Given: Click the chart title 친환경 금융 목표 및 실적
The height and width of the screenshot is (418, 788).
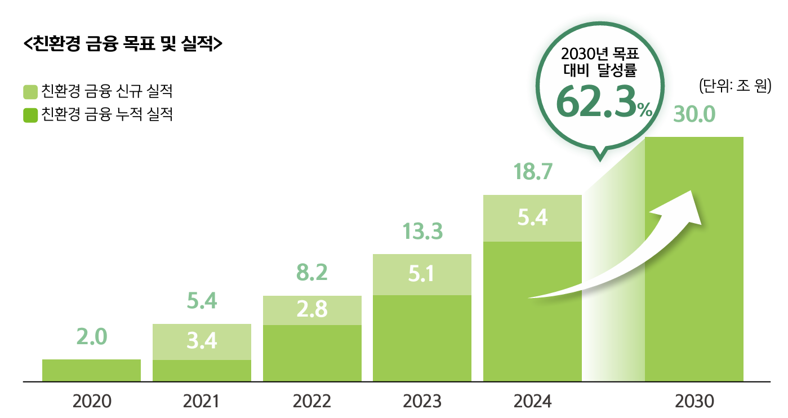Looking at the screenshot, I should pyautogui.click(x=123, y=45).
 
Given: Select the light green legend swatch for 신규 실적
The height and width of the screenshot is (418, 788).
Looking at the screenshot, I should pyautogui.click(x=30, y=91).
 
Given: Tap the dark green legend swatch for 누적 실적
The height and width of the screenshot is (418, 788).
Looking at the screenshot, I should pyautogui.click(x=30, y=115).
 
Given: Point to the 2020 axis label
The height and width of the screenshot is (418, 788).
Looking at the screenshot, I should pyautogui.click(x=92, y=402).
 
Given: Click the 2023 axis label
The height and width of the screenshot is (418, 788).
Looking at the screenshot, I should pyautogui.click(x=422, y=402).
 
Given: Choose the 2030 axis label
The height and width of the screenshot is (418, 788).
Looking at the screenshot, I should pyautogui.click(x=694, y=402).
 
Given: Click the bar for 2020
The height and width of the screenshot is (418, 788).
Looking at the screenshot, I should pyautogui.click(x=91, y=371).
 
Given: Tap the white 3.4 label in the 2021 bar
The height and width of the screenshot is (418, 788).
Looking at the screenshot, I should pyautogui.click(x=202, y=341).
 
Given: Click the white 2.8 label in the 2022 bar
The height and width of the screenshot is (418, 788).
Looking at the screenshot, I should pyautogui.click(x=312, y=310).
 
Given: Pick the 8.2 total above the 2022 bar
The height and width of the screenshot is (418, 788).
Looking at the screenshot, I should pyautogui.click(x=312, y=273).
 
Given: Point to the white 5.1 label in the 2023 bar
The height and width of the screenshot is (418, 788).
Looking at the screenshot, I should pyautogui.click(x=422, y=274).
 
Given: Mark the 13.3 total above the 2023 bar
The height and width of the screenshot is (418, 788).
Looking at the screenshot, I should pyautogui.click(x=422, y=232).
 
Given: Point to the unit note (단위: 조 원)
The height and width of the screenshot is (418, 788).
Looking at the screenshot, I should pyautogui.click(x=734, y=87).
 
